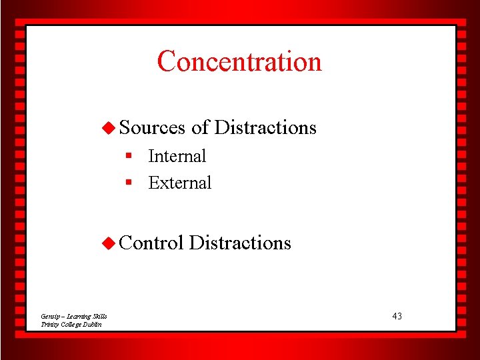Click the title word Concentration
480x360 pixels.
pos(239,61)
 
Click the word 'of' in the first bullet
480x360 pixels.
pos(200,127)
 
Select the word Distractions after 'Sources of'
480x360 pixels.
pos(265,127)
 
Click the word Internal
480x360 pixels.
pos(177,156)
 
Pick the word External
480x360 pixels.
pos(179,183)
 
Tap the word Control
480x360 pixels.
pos(151,243)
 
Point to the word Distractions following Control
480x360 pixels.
pos(240,243)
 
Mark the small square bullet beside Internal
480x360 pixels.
pos(131,156)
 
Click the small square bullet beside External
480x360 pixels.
pos(131,183)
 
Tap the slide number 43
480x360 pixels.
pos(397,316)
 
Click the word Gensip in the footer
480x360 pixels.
pos(50,316)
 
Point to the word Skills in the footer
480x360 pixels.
pos(101,316)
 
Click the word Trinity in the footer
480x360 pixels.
pos(49,324)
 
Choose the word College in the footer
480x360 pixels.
pos(72,324)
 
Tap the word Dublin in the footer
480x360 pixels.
pos(93,324)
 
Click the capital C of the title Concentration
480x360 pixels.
pos(165,61)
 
